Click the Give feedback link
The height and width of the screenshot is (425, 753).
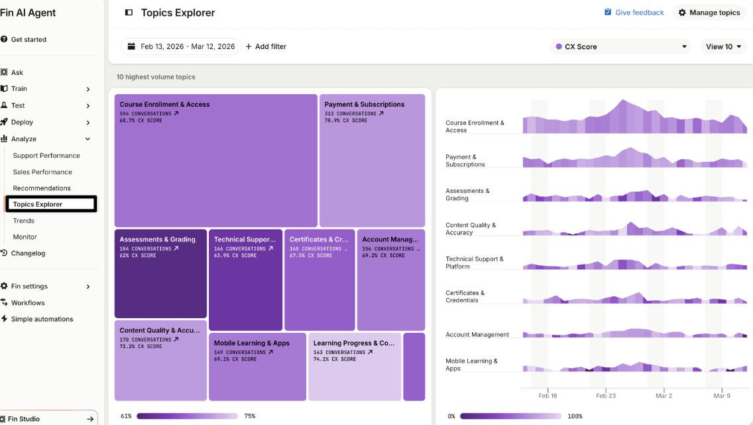[634, 13]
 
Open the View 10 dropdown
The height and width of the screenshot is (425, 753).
[723, 46]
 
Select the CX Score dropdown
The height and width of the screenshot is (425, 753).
[620, 46]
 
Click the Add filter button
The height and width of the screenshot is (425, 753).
[266, 46]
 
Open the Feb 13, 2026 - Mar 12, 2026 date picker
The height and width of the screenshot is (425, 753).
[181, 46]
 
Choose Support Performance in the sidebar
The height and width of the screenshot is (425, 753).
[46, 156]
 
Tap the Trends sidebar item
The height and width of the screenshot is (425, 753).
[24, 220]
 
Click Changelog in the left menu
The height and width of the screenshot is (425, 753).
[28, 253]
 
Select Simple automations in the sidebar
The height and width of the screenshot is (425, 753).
[42, 319]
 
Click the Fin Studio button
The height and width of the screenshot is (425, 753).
[48, 418]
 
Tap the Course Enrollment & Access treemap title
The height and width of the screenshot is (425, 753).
[164, 104]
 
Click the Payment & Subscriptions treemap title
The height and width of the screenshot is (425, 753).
[365, 104]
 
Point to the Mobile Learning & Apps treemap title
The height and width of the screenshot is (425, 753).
[252, 343]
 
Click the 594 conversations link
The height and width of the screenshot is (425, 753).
[149, 114]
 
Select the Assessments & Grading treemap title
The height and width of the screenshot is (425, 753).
[158, 239]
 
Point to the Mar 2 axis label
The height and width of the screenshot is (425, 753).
[664, 396]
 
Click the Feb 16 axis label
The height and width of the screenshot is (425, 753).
[548, 396]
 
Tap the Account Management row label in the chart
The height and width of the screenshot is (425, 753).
[477, 334]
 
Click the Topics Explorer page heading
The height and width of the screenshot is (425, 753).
[178, 13]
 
